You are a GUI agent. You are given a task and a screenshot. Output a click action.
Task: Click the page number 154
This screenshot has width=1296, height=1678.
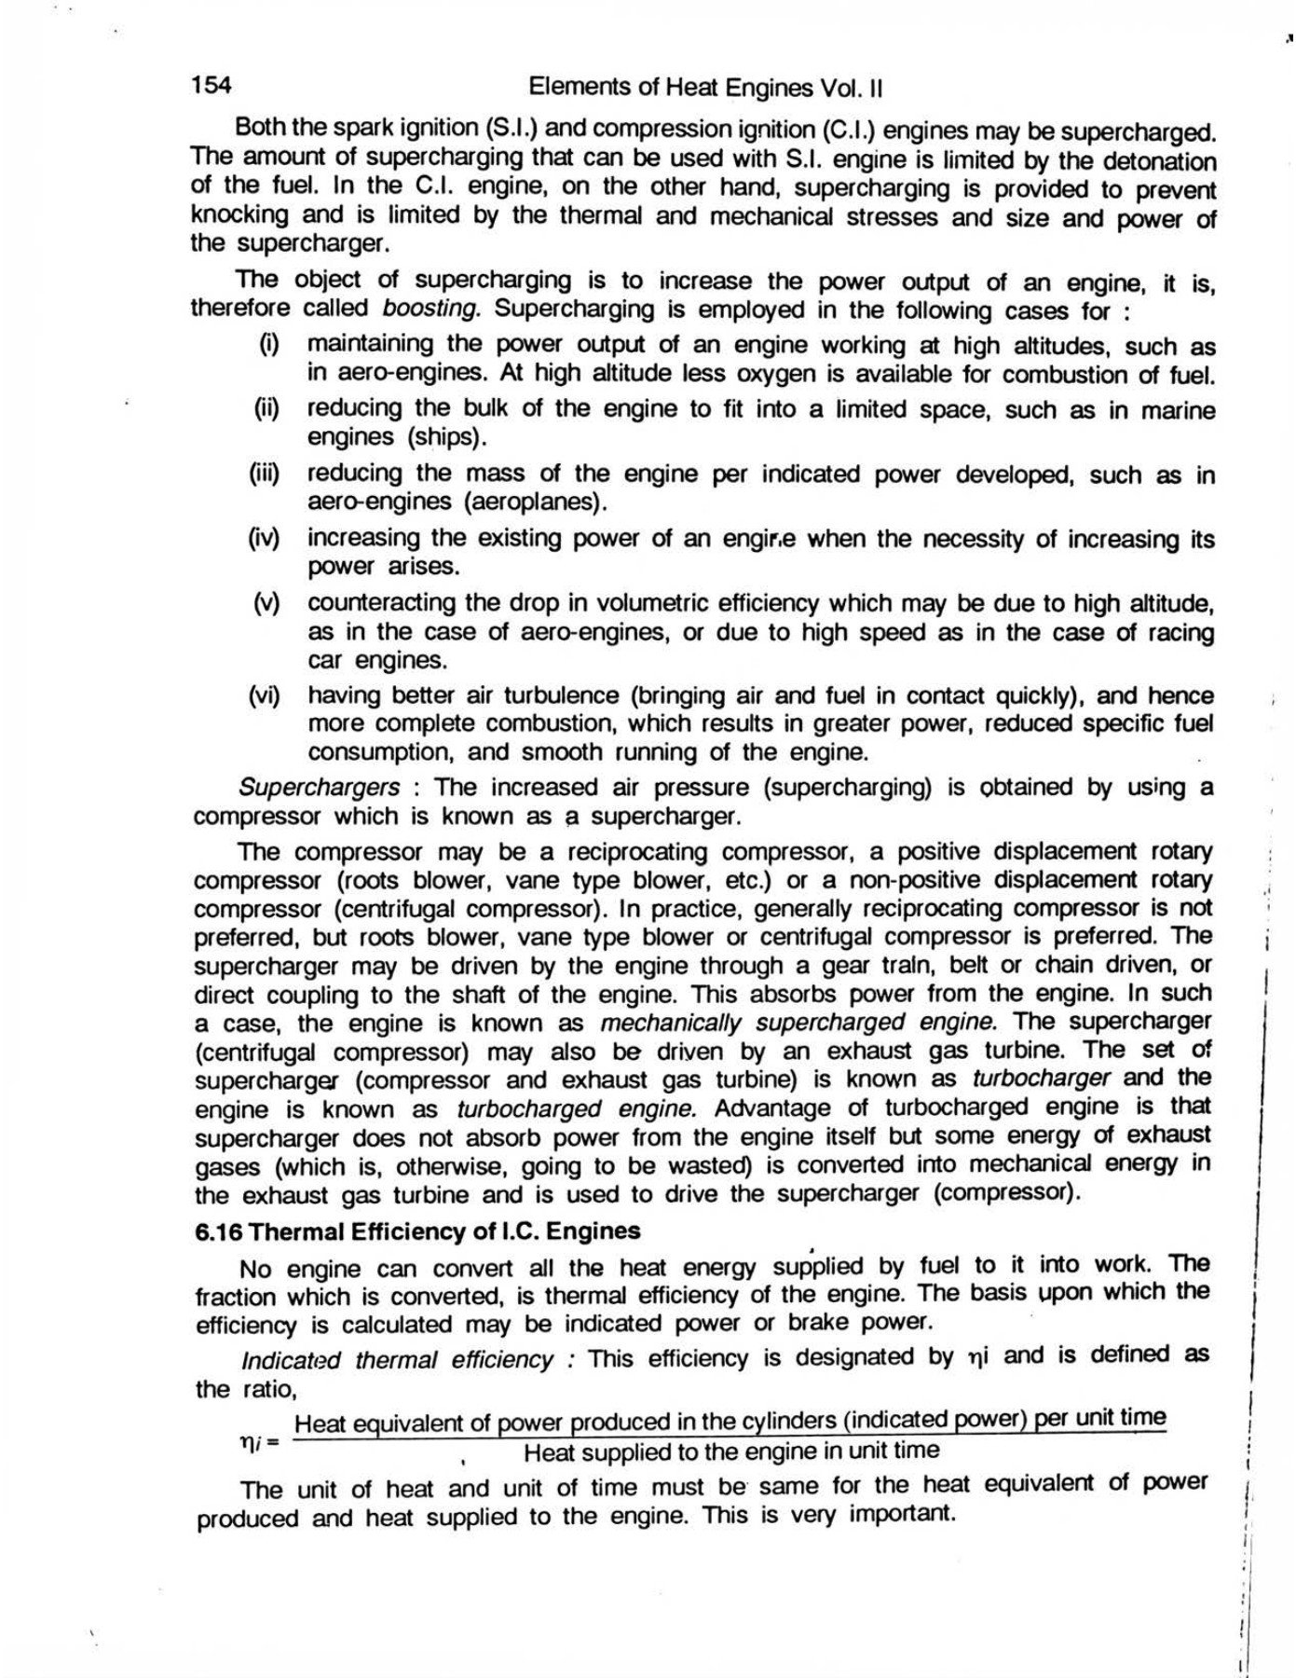(x=211, y=86)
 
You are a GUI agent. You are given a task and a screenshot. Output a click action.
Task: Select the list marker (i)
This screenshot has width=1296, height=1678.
(x=269, y=344)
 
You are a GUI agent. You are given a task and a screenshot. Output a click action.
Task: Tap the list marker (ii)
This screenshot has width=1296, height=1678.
(x=267, y=408)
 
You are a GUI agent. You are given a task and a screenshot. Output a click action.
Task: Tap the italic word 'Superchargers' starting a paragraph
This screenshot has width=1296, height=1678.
(x=320, y=787)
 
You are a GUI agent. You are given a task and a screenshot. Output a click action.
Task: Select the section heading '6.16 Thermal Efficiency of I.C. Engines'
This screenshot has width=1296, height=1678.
(x=417, y=1231)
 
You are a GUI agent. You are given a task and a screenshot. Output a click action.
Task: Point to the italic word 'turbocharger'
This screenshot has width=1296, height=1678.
(x=1041, y=1079)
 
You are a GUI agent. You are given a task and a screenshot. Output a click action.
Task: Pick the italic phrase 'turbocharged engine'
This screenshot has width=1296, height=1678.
(x=578, y=1109)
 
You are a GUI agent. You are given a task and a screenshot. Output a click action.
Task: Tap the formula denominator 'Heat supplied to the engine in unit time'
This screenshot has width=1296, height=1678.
(x=731, y=1451)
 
